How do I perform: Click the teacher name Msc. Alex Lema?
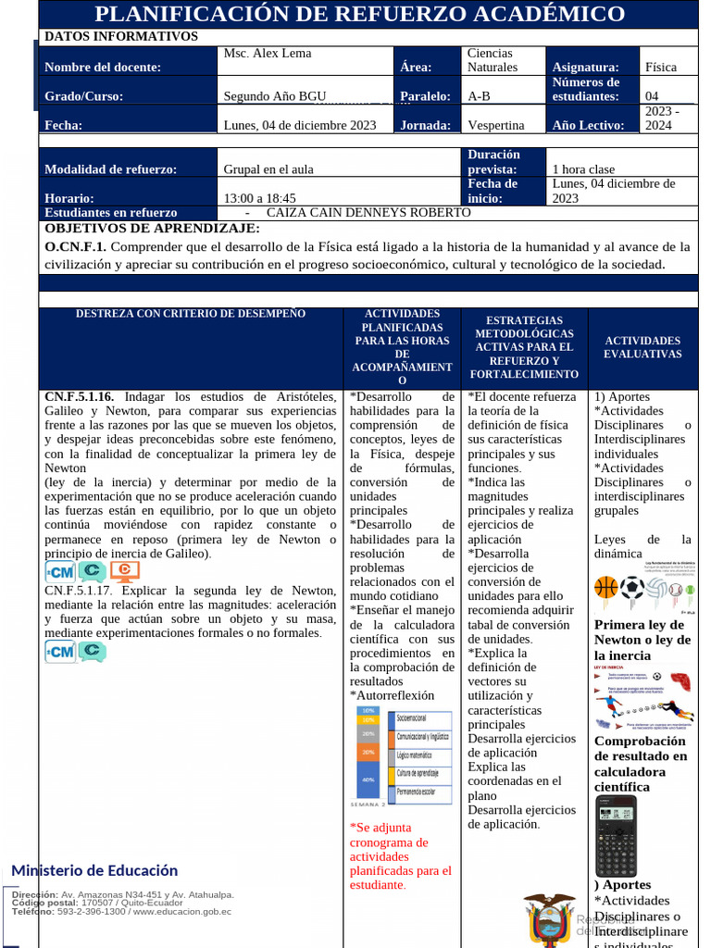coord(268,54)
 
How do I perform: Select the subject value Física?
coord(661,67)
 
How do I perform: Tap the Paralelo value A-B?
coord(479,96)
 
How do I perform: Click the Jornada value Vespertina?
coord(495,125)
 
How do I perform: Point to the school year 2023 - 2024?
coord(661,118)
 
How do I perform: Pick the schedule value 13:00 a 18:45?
coord(259,198)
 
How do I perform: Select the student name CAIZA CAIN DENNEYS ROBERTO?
coord(368,213)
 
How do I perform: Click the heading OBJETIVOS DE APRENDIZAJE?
coord(153,229)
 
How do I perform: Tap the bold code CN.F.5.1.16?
coord(80,397)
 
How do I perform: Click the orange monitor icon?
coord(125,571)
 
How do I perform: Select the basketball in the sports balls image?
coord(605,587)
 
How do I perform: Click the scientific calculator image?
coord(616,836)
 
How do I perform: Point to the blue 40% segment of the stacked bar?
coord(368,780)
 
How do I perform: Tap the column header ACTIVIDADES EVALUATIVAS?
coord(642,347)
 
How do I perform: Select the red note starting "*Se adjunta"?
coord(401,855)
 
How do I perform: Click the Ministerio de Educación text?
coord(94,870)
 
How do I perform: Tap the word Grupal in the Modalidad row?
coord(243,169)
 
